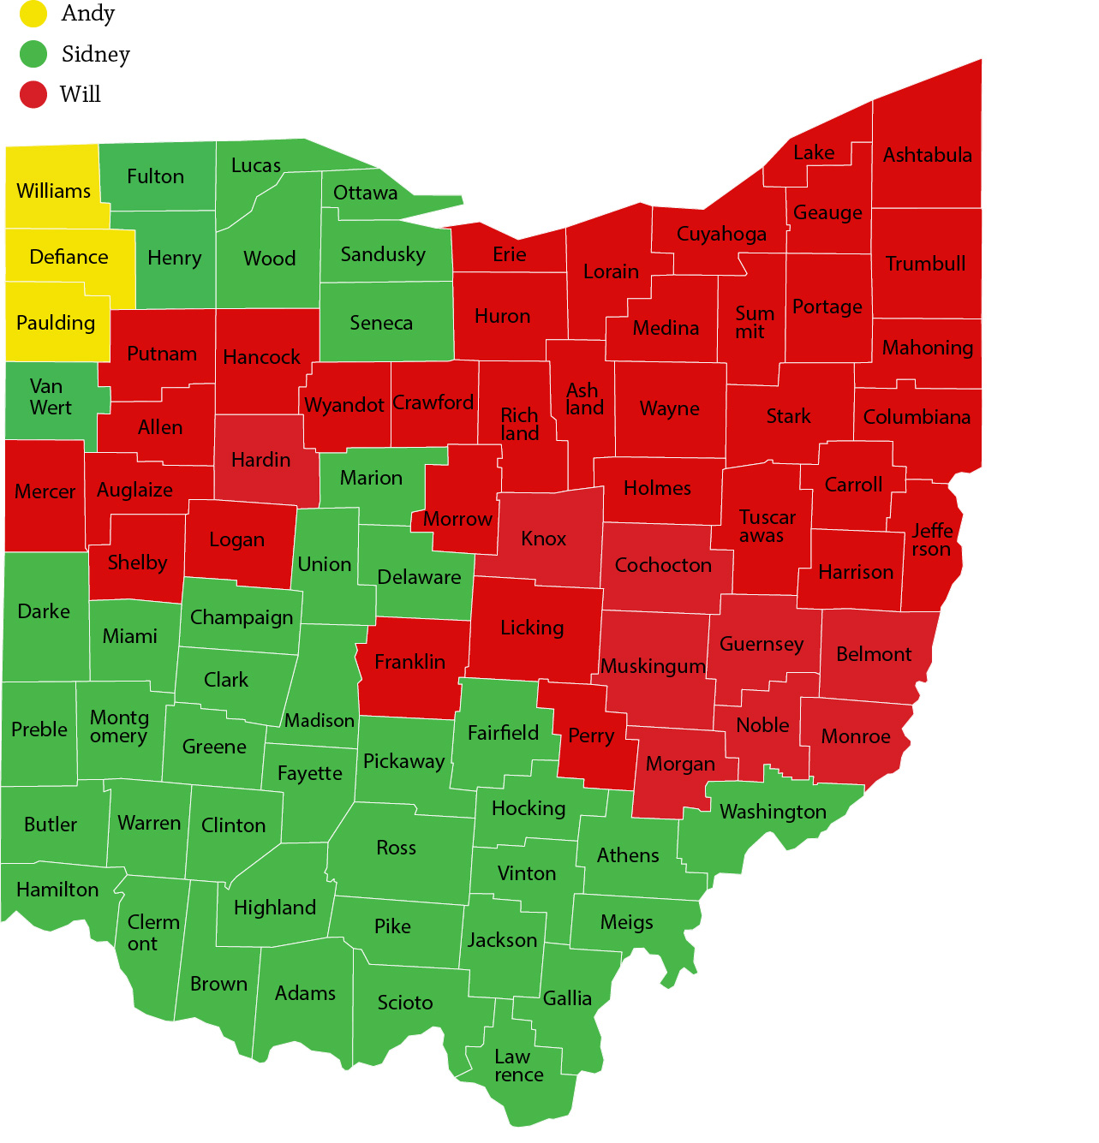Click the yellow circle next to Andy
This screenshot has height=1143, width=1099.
[x=33, y=14]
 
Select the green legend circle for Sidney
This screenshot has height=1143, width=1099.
[x=33, y=54]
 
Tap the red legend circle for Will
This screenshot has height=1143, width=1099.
[x=33, y=94]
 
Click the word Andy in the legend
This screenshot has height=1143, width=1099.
[x=88, y=14]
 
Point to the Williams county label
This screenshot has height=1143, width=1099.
[x=53, y=191]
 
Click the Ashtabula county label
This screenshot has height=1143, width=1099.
[x=928, y=156]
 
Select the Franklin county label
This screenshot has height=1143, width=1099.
[x=409, y=662]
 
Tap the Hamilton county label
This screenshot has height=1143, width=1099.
[x=57, y=890]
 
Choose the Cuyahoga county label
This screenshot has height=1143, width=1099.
[x=721, y=234]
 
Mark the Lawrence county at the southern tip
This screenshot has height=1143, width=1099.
[x=519, y=1066]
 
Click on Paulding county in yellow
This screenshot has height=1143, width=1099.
[x=56, y=323]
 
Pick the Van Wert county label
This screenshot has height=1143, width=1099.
[x=51, y=397]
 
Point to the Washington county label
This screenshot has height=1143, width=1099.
[x=773, y=812]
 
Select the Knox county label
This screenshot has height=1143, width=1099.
[x=544, y=539]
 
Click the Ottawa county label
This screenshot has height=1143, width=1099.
[x=365, y=193]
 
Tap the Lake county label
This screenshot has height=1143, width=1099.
[x=814, y=153]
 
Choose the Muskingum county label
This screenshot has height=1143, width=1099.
[x=653, y=666]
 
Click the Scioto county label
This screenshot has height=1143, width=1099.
[x=405, y=1003]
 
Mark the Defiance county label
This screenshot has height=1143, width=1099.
[x=69, y=257]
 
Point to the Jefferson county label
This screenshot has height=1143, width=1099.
[x=931, y=540]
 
